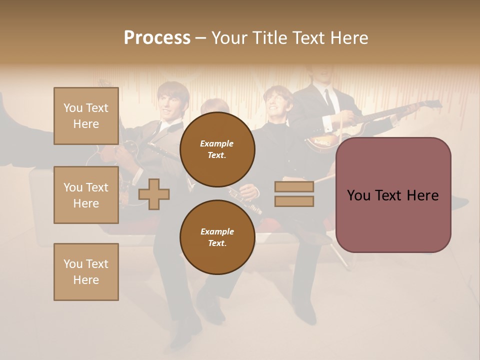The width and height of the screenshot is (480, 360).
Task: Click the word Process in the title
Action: pyautogui.click(x=157, y=38)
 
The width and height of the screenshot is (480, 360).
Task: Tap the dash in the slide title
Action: pyautogui.click(x=201, y=38)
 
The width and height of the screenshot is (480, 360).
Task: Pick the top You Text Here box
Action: pyautogui.click(x=86, y=116)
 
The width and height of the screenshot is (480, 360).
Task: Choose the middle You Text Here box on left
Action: pyautogui.click(x=86, y=195)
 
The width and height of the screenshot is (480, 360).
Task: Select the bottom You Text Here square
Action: pyautogui.click(x=86, y=272)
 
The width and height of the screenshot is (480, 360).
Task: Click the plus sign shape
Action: pyautogui.click(x=154, y=194)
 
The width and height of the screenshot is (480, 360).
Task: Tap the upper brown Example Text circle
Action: pyautogui.click(x=217, y=149)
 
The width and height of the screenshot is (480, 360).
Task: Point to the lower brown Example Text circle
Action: pyautogui.click(x=217, y=237)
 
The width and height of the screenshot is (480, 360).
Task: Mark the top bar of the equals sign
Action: pyautogui.click(x=294, y=186)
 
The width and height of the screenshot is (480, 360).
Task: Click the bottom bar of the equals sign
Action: pyautogui.click(x=294, y=201)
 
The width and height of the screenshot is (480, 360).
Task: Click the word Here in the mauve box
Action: pyautogui.click(x=422, y=195)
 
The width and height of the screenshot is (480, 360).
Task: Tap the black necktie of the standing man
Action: pyautogui.click(x=328, y=100)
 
